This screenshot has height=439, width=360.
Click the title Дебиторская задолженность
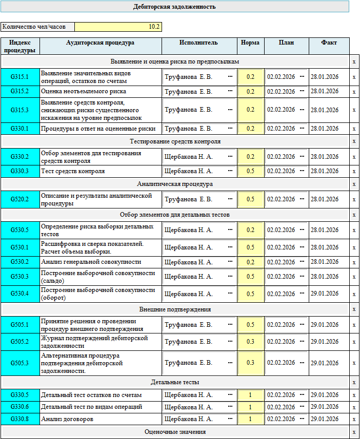(174, 7)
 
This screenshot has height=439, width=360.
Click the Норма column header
(250, 43)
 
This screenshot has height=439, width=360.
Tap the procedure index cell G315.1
(20, 77)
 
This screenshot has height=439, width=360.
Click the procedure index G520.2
(20, 199)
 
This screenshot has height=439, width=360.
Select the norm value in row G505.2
(250, 342)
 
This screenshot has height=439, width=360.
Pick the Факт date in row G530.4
(325, 294)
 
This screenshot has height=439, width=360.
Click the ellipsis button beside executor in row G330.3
(230, 171)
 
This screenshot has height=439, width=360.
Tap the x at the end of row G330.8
(354, 419)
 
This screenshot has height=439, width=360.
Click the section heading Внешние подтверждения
(175, 309)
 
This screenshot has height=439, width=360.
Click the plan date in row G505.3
(281, 363)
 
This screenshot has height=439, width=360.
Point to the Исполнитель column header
(199, 43)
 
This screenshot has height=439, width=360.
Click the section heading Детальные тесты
(175, 382)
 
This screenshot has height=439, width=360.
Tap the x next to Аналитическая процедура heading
(354, 184)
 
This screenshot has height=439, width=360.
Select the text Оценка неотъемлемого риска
(84, 91)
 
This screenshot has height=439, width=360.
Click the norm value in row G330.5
(250, 395)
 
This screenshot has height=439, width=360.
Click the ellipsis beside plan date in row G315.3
(302, 109)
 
